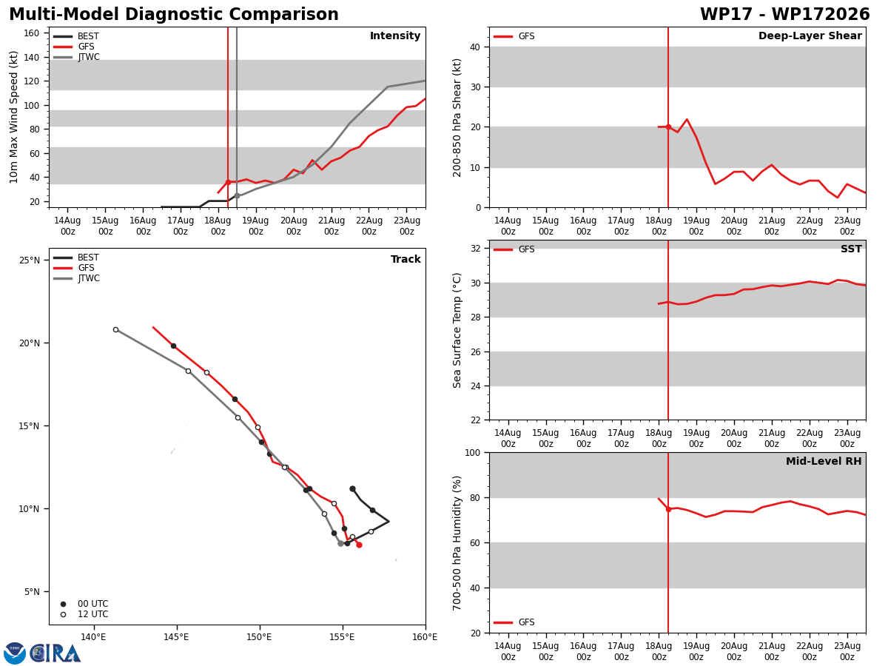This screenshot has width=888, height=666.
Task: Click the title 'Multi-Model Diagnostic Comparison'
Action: click(x=174, y=15)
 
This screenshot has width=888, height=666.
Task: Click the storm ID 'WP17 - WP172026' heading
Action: click(x=784, y=15)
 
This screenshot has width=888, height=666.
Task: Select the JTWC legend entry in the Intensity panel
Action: click(x=76, y=57)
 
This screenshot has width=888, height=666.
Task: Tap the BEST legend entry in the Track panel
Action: click(x=76, y=258)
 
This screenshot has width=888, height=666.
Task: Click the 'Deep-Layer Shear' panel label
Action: click(x=810, y=36)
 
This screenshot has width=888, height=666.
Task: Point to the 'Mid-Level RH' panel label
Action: click(x=824, y=461)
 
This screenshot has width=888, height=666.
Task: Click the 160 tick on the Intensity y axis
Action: click(x=32, y=33)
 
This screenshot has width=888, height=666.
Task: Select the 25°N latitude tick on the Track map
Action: click(x=30, y=260)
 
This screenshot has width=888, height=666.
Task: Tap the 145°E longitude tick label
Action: click(x=176, y=637)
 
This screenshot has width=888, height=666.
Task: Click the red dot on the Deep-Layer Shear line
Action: click(x=668, y=127)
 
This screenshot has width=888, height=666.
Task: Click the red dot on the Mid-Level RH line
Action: click(x=668, y=510)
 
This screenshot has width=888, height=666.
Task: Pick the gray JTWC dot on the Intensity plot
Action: click(x=237, y=195)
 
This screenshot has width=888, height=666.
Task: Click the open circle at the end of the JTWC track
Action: click(x=115, y=330)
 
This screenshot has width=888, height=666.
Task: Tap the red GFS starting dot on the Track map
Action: click(x=359, y=545)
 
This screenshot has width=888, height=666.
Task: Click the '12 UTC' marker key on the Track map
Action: click(x=85, y=614)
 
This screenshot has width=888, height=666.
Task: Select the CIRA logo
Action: click(x=42, y=653)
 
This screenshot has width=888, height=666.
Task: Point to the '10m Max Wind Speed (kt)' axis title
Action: click(x=13, y=117)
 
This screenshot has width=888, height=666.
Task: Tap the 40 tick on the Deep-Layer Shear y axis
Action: click(x=475, y=47)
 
